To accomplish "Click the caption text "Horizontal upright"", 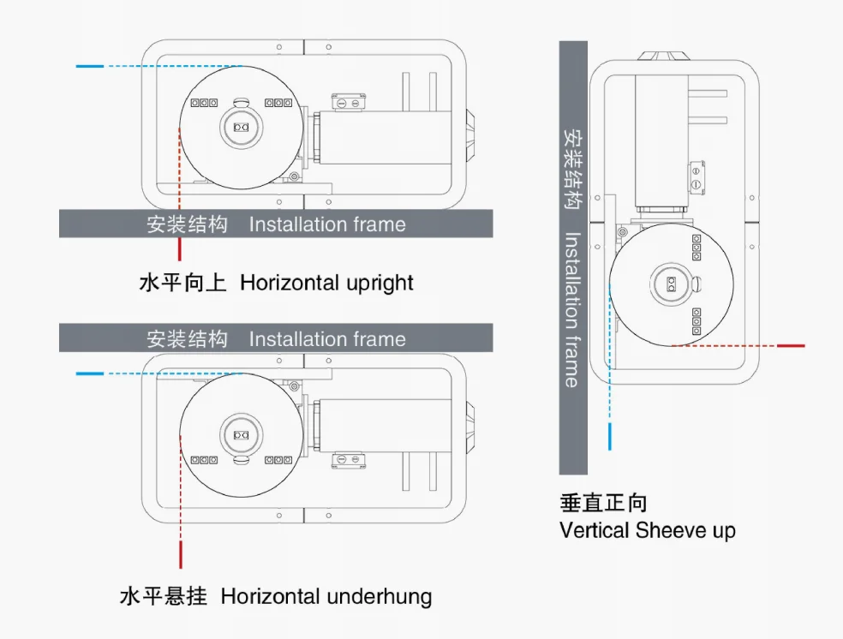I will click(326, 283).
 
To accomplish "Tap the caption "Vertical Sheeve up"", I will click(647, 530).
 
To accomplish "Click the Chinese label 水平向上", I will click(182, 283).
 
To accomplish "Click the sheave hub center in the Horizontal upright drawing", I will click(241, 127).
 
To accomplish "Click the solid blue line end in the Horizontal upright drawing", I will click(89, 66).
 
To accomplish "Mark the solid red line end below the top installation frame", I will click(180, 249).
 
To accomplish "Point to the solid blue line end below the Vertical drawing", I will click(609, 436).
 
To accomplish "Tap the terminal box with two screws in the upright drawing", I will click(348, 102).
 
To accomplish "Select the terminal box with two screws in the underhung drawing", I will click(348, 460).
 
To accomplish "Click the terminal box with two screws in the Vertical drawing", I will click(696, 175).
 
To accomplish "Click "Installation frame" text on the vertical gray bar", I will click(572, 309).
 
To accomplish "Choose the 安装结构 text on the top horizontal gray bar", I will click(187, 224).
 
